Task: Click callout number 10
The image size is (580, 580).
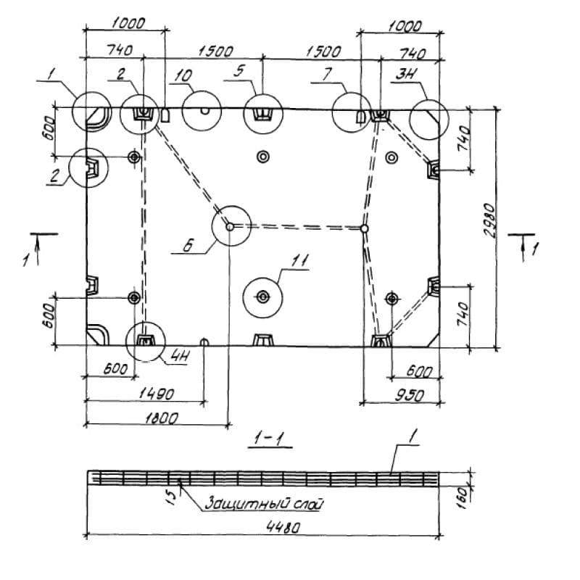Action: click(x=182, y=75)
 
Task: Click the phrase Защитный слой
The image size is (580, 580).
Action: click(x=263, y=502)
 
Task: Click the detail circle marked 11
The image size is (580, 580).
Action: click(x=262, y=296)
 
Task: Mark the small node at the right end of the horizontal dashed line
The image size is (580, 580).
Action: click(x=365, y=228)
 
